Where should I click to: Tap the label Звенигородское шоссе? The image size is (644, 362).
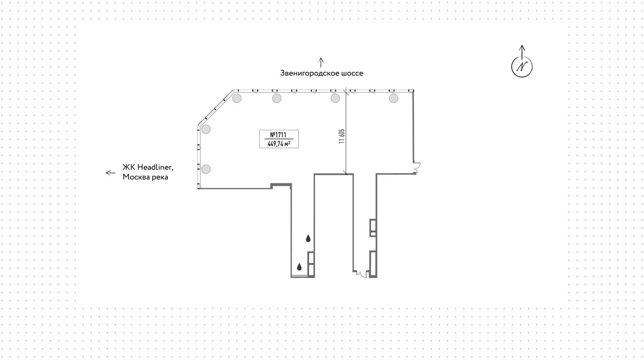(322, 73)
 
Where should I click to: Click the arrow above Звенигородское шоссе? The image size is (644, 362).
(321, 62)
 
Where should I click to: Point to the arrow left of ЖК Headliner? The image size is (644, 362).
(111, 173)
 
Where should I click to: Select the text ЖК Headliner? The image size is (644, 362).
(148, 167)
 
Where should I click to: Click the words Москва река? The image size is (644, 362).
(145, 177)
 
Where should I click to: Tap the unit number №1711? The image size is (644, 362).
(278, 135)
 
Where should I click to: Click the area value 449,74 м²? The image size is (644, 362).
(279, 144)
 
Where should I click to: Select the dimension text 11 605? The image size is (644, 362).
(342, 136)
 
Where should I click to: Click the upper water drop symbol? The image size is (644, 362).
(308, 238)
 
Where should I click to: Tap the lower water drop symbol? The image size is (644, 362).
(299, 267)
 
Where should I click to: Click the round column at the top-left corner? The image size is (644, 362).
(237, 98)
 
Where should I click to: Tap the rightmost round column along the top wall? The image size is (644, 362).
(394, 98)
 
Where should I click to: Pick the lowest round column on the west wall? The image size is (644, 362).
(206, 169)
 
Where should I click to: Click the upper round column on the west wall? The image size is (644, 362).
(206, 129)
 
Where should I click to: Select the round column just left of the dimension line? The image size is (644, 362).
(335, 98)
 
